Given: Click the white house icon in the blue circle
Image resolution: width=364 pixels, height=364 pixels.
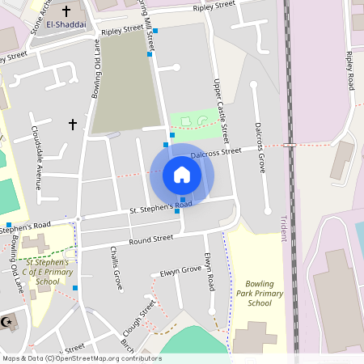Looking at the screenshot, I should (x=182, y=175).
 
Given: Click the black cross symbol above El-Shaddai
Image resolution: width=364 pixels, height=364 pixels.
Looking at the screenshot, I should (x=65, y=11).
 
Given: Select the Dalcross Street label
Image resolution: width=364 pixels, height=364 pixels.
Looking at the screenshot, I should (x=216, y=152).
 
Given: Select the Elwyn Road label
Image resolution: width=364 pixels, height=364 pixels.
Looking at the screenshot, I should (x=210, y=272).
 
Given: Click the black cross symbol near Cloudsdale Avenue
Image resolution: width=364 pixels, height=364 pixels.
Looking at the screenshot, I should (x=73, y=124).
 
